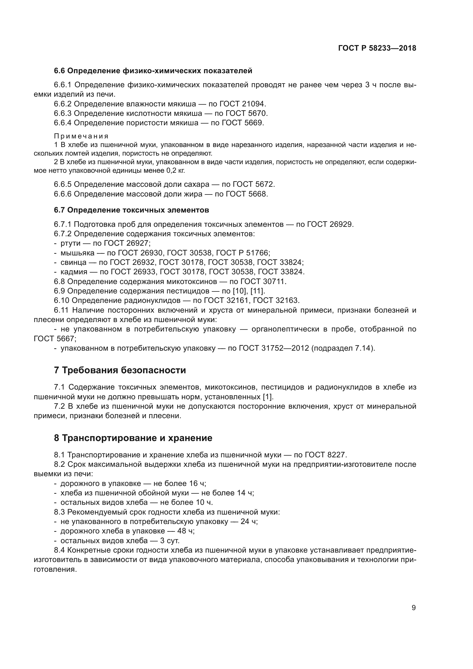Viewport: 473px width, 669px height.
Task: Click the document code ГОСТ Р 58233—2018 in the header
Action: (377, 48)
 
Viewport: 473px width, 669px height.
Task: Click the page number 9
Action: (414, 608)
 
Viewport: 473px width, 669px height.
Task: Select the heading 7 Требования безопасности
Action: (120, 370)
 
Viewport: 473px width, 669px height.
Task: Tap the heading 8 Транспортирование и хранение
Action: (133, 438)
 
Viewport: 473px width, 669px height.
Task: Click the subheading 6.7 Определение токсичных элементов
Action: (131, 210)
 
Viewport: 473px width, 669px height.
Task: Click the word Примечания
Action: (81, 136)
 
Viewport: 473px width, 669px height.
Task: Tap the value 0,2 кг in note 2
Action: (175, 170)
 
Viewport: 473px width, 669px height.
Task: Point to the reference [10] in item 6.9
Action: (242, 291)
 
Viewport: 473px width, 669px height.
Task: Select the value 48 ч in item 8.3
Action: (184, 531)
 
